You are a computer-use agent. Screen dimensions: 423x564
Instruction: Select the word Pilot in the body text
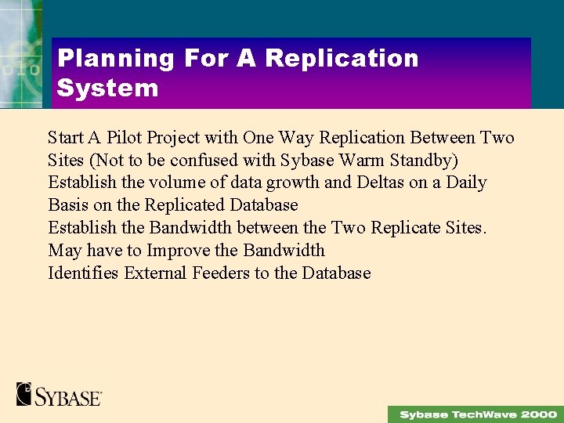[x=124, y=138]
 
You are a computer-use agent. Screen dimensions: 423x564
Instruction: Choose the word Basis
[x=69, y=205]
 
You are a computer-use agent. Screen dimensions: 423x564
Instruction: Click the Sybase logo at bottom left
[x=59, y=393]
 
